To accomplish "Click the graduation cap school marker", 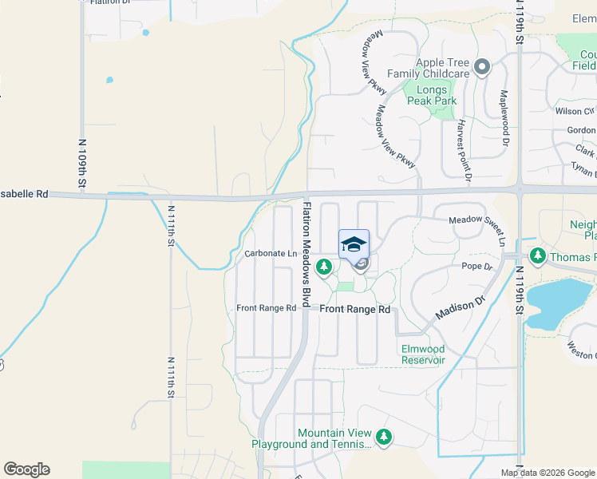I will pos(354,243).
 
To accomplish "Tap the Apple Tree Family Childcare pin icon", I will pos(481,68).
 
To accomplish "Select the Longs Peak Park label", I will pos(432,96).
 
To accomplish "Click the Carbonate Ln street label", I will pos(271,254).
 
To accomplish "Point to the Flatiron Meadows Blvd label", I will pos(306,255).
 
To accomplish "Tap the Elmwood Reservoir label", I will pos(422,354).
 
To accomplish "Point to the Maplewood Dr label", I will pos(504,118).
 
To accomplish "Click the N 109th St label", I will pos(82,164).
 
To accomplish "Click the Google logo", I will pos(26,469).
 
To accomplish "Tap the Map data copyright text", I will pos(548,473).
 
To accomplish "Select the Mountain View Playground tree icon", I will pos(384,437).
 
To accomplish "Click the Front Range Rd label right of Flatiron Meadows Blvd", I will pos(355,309).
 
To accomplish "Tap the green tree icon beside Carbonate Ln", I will pos(324,266).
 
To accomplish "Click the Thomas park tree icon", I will pos(538,256).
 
